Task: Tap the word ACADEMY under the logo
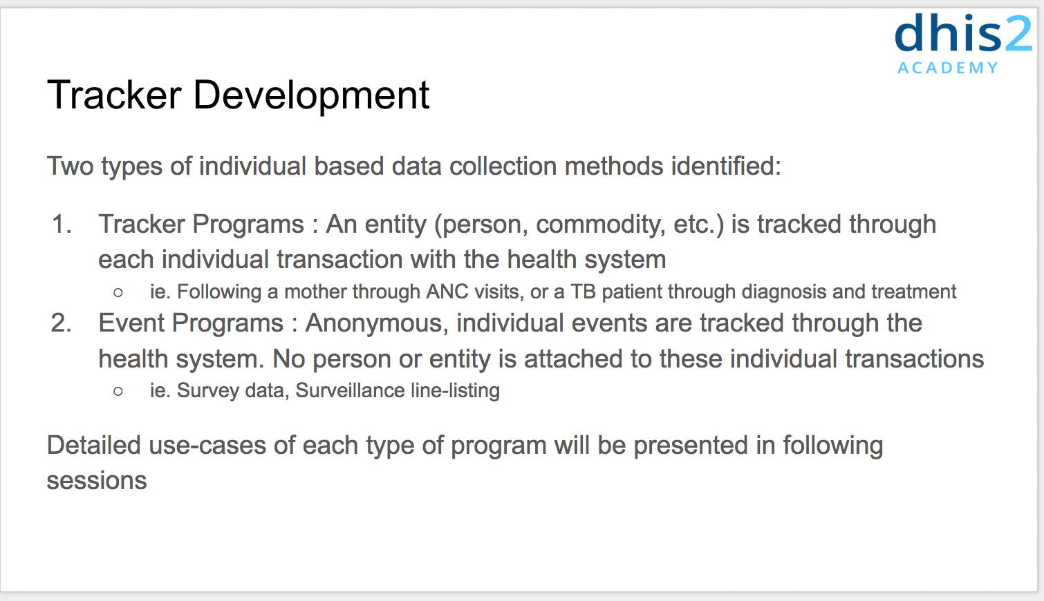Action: (948, 68)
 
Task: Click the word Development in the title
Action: (311, 95)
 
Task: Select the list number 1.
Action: (62, 224)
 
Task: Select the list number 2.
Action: (61, 323)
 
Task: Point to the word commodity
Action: (601, 225)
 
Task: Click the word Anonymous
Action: (377, 323)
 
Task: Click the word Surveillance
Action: (350, 390)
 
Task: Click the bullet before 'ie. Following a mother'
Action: (118, 293)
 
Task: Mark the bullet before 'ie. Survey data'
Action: (118, 392)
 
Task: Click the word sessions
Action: (97, 481)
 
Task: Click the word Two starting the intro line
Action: (71, 166)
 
